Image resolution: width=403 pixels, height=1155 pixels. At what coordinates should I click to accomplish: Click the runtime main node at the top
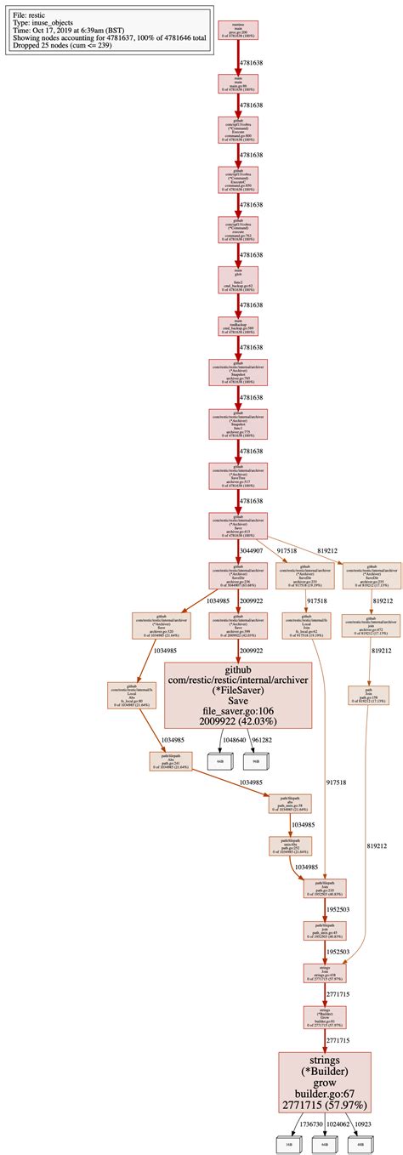(238, 31)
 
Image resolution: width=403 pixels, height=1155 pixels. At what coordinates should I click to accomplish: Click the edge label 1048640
(232, 740)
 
